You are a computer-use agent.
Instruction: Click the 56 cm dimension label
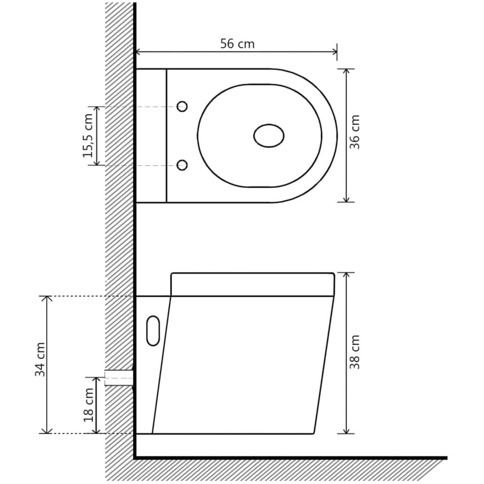coord(238,44)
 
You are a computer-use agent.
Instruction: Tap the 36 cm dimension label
coord(355,132)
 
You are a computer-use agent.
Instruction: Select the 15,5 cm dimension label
coord(88,136)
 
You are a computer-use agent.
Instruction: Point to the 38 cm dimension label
coord(355,352)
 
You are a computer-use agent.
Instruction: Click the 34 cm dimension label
coord(40,359)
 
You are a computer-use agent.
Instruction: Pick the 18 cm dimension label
coord(88,405)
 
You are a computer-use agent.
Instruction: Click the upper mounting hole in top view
coord(182,107)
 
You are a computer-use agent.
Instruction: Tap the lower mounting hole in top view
coord(182,165)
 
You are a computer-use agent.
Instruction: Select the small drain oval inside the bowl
coord(269,136)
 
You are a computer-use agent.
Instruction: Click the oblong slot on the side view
coord(153,331)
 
